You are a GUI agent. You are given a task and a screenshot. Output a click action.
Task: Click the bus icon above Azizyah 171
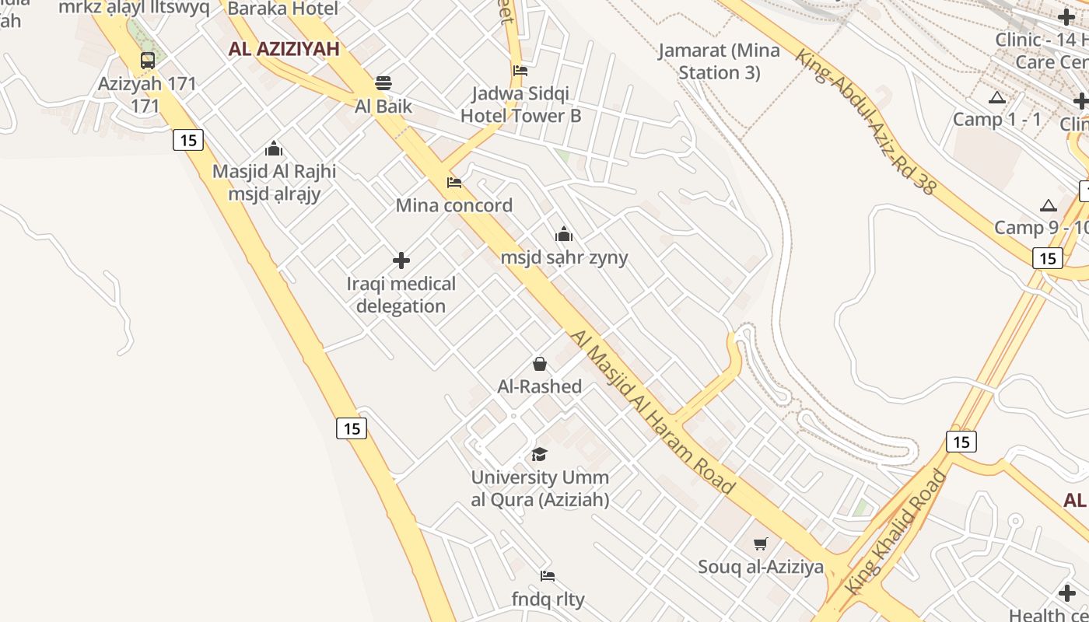(x=147, y=60)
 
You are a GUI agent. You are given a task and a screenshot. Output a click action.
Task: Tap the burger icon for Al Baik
(x=383, y=82)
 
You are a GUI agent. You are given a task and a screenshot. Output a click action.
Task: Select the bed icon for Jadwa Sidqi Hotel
(x=520, y=71)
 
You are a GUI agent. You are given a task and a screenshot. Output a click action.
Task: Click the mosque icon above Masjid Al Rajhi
(x=274, y=149)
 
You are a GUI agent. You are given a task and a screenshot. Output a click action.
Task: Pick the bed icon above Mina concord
(x=454, y=183)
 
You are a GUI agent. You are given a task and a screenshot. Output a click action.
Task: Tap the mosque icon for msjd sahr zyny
(x=564, y=234)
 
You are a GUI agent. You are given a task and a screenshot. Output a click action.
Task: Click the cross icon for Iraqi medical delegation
(x=401, y=260)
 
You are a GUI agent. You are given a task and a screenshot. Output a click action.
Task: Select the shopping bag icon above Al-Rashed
(x=539, y=364)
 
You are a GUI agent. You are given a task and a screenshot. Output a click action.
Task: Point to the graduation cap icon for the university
(x=539, y=454)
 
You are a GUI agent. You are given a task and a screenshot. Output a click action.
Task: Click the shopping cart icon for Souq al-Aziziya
(x=761, y=544)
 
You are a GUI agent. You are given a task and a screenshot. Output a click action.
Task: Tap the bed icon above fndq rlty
(x=548, y=576)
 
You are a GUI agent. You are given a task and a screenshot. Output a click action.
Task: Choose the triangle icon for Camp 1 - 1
(x=997, y=98)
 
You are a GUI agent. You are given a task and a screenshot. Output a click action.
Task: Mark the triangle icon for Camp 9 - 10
(x=1049, y=206)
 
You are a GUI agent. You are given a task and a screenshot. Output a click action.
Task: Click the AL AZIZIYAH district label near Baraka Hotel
(x=284, y=49)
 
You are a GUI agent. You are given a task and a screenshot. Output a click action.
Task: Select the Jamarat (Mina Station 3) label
(x=719, y=61)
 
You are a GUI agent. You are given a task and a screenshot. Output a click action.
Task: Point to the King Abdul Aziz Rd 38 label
(x=866, y=121)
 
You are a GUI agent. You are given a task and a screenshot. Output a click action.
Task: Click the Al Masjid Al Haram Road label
(x=653, y=411)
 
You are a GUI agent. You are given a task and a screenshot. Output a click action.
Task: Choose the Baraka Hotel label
(x=283, y=9)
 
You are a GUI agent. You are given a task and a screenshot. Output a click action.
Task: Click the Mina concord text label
(x=454, y=205)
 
